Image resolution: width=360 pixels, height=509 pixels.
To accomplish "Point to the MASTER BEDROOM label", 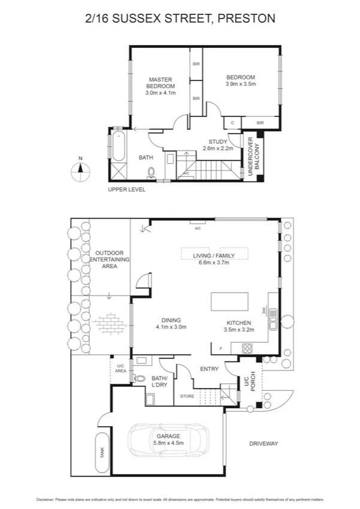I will coord(161,83).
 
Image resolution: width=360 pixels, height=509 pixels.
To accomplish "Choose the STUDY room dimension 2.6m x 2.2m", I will coord(217,148).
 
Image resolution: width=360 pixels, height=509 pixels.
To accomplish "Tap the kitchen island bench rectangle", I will coord(229,301).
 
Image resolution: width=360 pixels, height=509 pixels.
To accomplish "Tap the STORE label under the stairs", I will coord(187,396).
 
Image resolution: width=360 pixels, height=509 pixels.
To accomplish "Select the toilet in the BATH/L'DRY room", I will coord(140,379).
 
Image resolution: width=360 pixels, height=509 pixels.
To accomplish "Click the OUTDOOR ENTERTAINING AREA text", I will coord(108,259).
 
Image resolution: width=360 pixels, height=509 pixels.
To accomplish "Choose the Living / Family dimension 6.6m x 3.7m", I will coord(214,263).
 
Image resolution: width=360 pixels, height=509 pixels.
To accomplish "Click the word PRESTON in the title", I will coord(247,19).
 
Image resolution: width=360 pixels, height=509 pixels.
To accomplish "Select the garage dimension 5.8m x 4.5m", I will coord(168,442).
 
